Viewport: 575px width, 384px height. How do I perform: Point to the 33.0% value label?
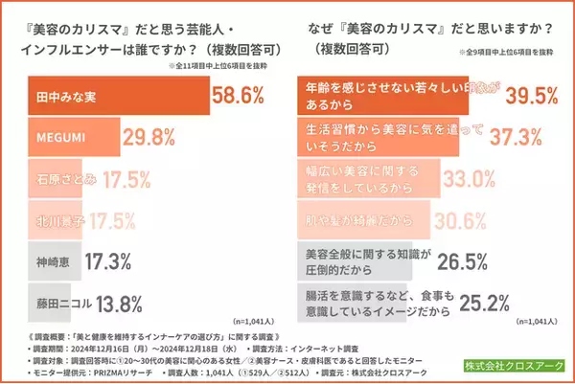tap(474, 180)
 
